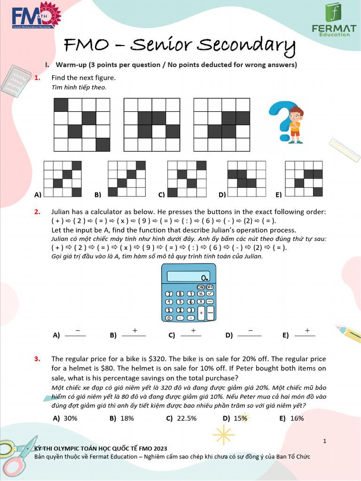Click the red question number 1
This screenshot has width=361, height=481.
37,78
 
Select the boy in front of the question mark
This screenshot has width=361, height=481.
295,124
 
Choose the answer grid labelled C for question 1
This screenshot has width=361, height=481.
187,179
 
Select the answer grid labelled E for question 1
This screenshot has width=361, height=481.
304,179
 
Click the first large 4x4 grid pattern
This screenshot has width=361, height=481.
82,125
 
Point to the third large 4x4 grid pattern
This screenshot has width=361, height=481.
221,125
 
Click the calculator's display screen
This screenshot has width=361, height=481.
188,276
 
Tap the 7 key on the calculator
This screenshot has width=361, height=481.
168,294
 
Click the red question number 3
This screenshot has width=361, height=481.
37,359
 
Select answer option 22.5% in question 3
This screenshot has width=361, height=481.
187,418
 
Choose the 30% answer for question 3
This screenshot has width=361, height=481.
71,418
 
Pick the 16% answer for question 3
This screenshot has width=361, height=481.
297,418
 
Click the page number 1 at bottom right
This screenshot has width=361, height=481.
325,440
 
